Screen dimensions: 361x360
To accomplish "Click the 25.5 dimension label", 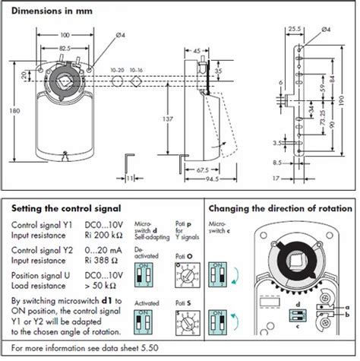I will point(293,29).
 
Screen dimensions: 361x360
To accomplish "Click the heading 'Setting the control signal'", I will point(67,207).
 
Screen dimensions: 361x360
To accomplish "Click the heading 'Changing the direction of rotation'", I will point(279,207).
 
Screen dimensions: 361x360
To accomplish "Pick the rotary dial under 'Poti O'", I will point(188,272).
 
